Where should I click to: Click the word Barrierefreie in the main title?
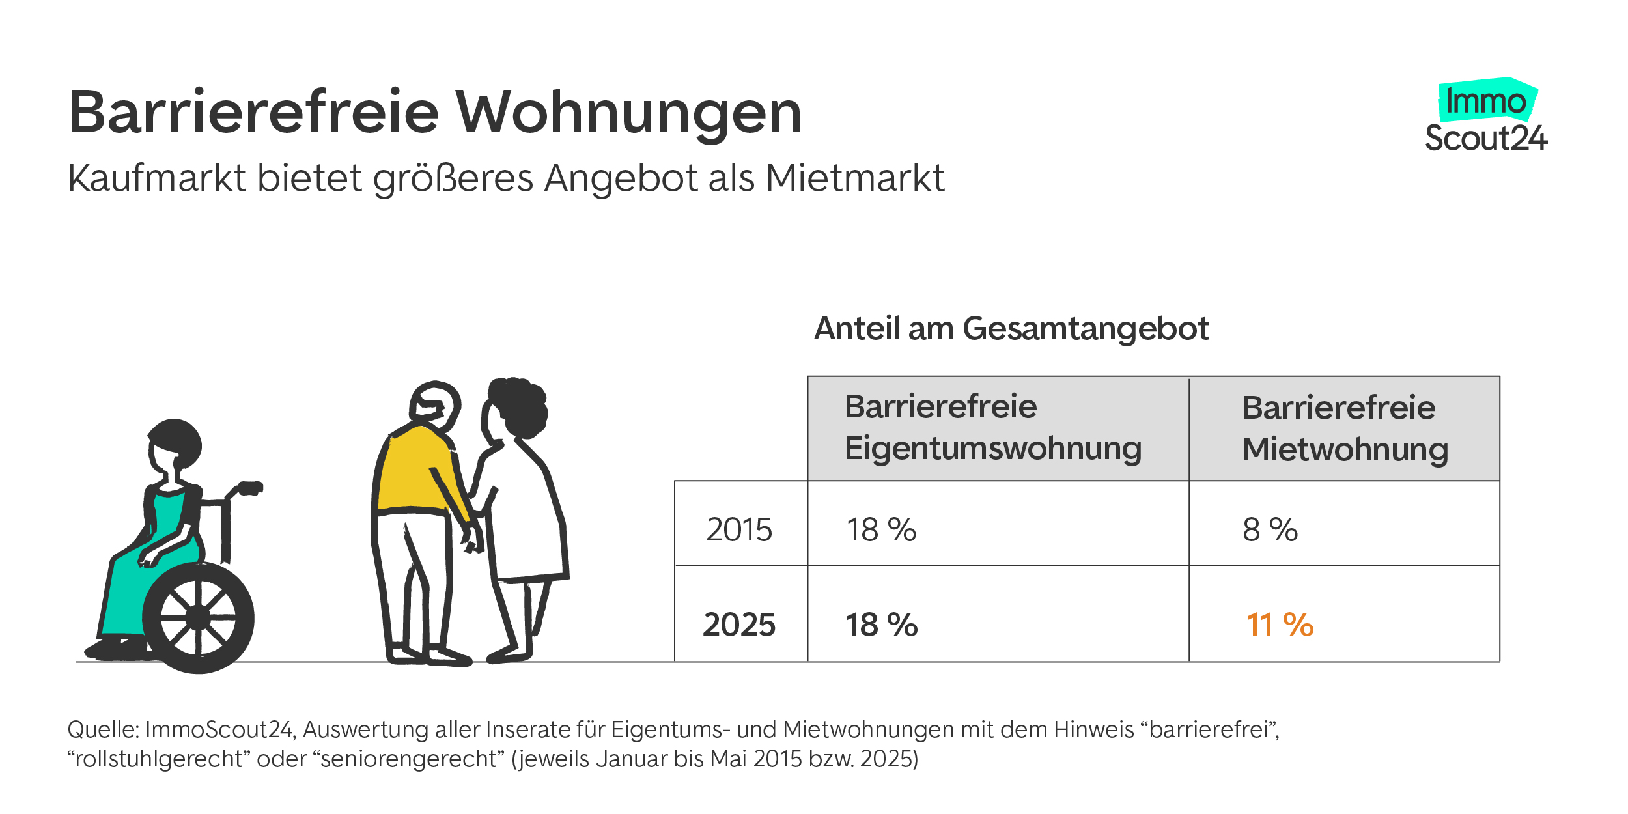254,112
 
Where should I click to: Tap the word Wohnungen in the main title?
628,113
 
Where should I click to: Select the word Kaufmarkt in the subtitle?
157,178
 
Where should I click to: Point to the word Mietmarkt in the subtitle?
855,178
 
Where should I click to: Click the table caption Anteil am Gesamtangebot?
1011,328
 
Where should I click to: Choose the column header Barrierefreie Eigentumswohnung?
993,428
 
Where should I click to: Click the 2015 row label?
739,529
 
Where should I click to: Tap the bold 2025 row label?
739,625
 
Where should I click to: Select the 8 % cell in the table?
1270,529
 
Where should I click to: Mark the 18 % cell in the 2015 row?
881,529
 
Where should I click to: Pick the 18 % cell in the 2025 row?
881,625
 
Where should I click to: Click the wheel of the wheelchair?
198,617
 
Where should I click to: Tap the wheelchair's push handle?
249,488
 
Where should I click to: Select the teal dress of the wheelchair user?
140,586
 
